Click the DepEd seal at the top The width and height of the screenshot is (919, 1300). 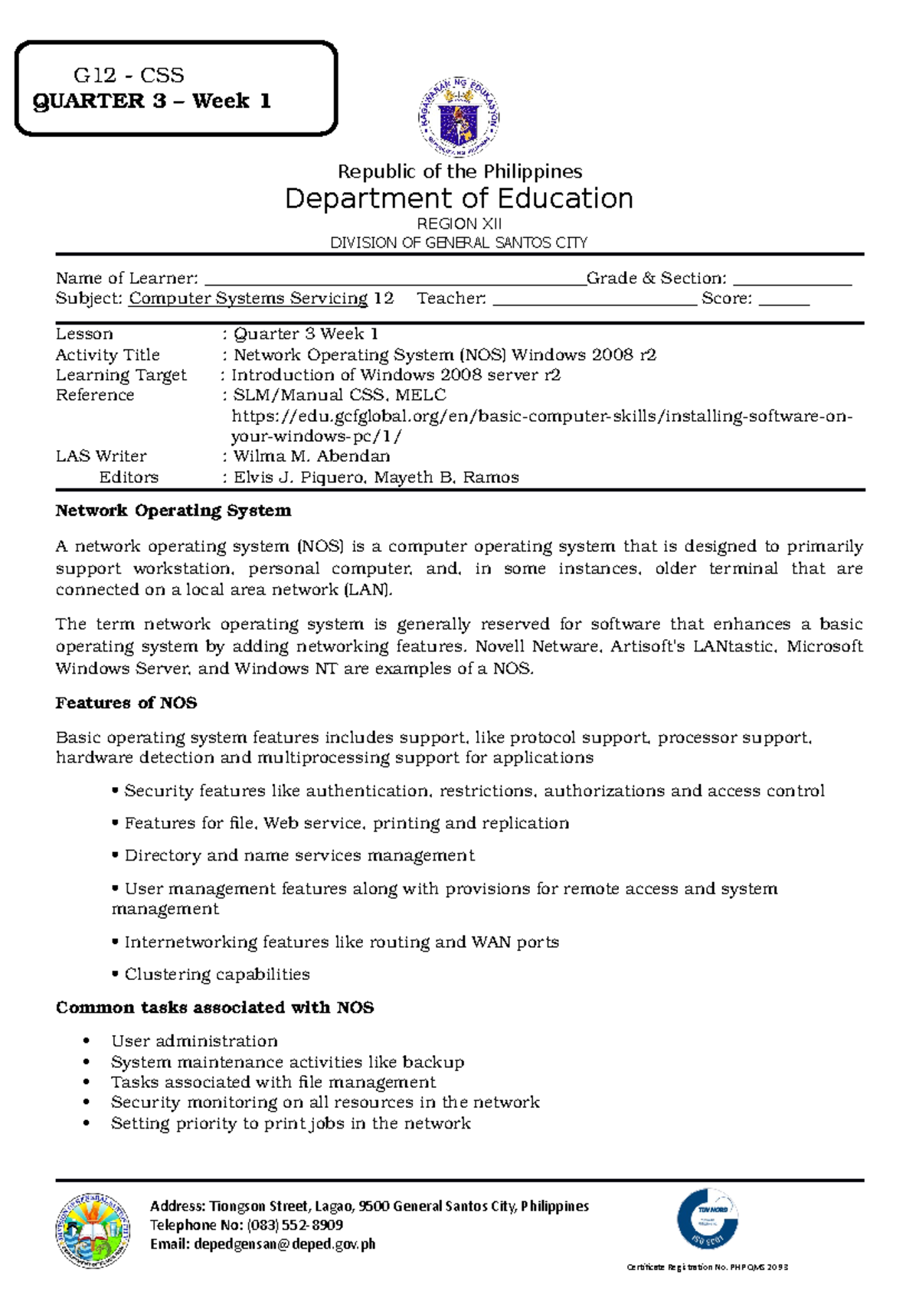point(459,117)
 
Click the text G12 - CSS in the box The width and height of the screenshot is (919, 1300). point(129,75)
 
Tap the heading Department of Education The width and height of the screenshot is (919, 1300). point(459,198)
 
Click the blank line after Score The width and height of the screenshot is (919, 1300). point(783,301)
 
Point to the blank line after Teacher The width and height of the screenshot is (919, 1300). point(595,301)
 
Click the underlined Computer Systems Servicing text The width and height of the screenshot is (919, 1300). point(248,299)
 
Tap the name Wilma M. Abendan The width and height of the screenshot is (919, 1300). point(312,456)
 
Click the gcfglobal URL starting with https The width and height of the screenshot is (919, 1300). point(541,416)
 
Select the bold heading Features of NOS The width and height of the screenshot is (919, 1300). point(126,703)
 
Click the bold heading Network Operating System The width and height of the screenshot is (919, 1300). point(173,511)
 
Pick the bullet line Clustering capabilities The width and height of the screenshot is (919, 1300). point(217,975)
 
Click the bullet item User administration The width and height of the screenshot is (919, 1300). point(195,1041)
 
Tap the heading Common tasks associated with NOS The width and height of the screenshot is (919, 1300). point(214,1008)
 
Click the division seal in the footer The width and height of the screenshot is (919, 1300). point(93,1230)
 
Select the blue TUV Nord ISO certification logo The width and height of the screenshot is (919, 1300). point(708,1219)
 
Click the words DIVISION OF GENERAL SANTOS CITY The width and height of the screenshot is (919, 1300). point(459,243)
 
